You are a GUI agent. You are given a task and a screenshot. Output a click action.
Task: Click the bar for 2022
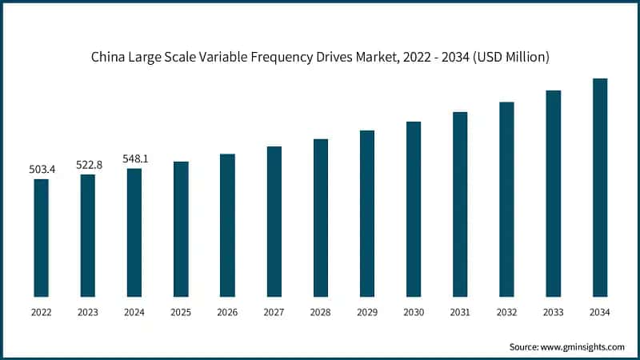41,238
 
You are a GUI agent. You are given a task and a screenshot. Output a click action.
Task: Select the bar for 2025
181,229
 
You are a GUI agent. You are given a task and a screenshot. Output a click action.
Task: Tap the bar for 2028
320,218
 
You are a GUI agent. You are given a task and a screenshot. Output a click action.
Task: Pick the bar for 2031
460,204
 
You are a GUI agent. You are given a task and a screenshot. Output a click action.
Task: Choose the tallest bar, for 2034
599,187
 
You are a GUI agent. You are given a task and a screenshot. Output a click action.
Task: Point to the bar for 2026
227,225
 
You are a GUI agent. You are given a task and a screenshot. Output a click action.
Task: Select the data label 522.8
87,164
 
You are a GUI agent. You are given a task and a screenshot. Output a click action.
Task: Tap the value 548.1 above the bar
134,158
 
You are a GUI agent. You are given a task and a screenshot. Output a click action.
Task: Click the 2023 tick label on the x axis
87,313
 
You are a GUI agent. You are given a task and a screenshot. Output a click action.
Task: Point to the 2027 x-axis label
274,313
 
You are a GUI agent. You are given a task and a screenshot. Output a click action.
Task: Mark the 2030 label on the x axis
414,313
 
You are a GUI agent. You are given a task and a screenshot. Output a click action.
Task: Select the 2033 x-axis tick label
553,313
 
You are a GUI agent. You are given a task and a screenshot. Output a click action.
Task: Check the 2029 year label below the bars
367,313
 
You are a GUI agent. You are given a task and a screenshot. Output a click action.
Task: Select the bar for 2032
506,199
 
